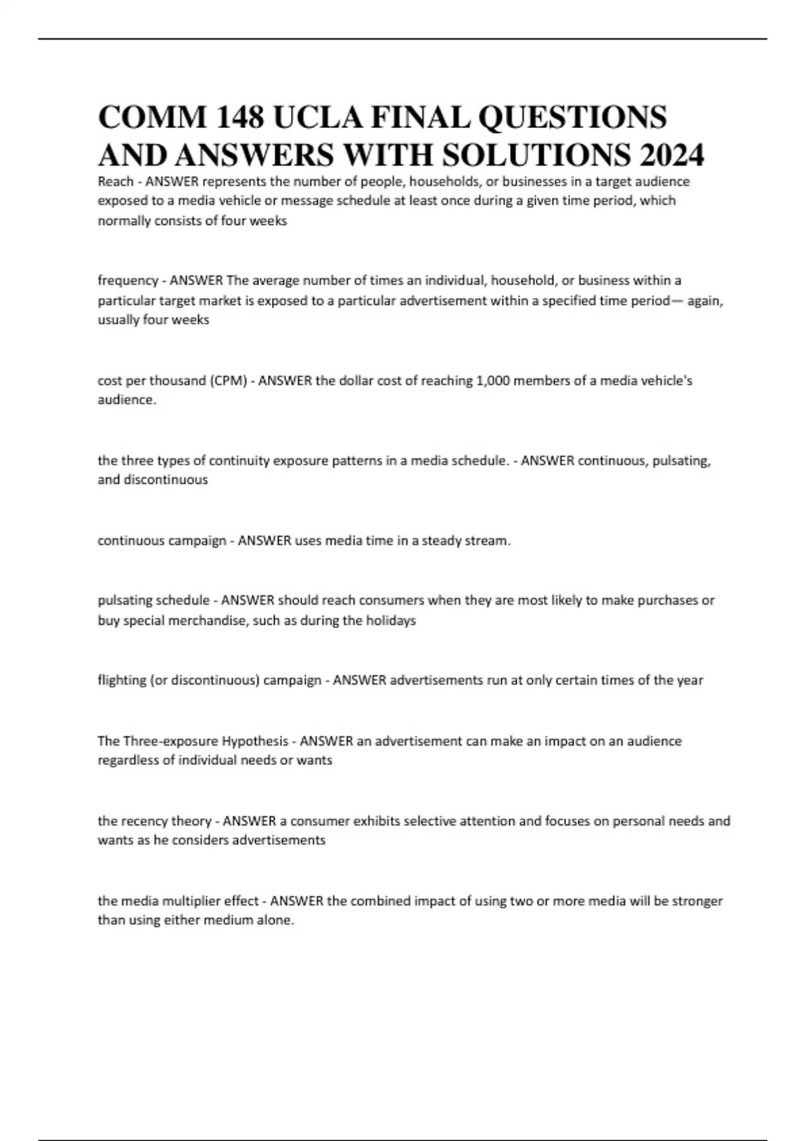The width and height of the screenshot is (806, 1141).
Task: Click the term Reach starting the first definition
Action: click(115, 181)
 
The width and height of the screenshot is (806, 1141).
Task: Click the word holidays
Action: click(391, 621)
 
